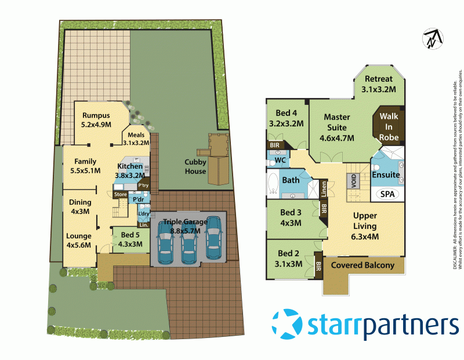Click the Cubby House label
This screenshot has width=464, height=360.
[x=195, y=166]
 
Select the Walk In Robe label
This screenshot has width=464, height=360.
[x=389, y=126]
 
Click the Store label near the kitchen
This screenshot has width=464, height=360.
[x=121, y=194]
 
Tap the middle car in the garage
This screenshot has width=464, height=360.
[x=187, y=239]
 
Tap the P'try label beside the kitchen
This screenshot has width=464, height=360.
[x=142, y=186]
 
